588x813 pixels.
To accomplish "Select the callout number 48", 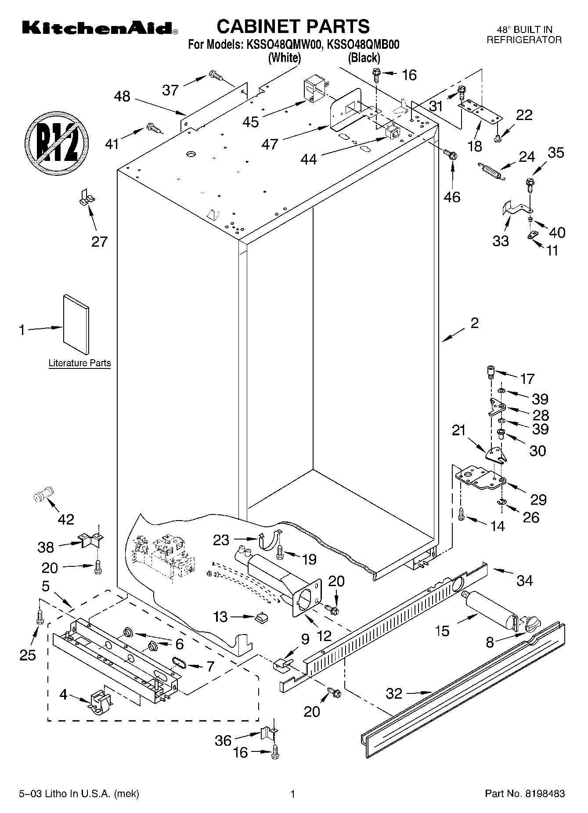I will [122, 96].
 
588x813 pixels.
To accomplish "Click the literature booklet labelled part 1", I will [76, 323].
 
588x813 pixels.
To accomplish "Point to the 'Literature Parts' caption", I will [79, 363].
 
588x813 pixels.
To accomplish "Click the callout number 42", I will [66, 519].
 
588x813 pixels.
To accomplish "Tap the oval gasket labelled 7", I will [180, 662].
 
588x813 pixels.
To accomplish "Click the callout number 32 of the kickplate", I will [394, 693].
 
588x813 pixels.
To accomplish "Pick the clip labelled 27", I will [87, 197].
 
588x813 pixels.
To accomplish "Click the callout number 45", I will [251, 122].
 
